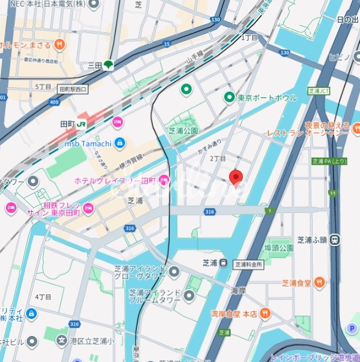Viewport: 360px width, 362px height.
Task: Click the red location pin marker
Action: pyautogui.click(x=236, y=177)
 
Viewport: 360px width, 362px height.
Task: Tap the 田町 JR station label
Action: pyautogui.click(x=74, y=123)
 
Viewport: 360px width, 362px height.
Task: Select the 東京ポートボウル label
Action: pyautogui.click(x=267, y=98)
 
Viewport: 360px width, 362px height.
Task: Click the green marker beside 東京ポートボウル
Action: pyautogui.click(x=229, y=97)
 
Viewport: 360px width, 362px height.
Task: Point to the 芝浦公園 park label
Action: pyautogui.click(x=183, y=130)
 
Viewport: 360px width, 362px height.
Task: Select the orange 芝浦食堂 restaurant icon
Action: pyautogui.click(x=320, y=283)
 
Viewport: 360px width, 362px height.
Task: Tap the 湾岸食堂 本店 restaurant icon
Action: pyautogui.click(x=266, y=314)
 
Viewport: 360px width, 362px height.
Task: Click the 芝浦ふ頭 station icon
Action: pyautogui.click(x=336, y=238)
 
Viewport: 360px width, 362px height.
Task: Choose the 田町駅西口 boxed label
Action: pyautogui.click(x=73, y=89)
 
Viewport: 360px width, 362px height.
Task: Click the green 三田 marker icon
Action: pyautogui.click(x=109, y=65)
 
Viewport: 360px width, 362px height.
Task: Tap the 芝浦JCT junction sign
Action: pyautogui.click(x=319, y=91)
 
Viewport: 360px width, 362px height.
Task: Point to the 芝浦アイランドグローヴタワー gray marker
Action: pyautogui.click(x=174, y=272)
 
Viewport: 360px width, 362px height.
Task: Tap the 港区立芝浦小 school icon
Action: pyautogui.click(x=62, y=340)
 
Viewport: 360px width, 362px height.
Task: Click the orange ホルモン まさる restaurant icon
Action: pyautogui.click(x=60, y=45)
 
